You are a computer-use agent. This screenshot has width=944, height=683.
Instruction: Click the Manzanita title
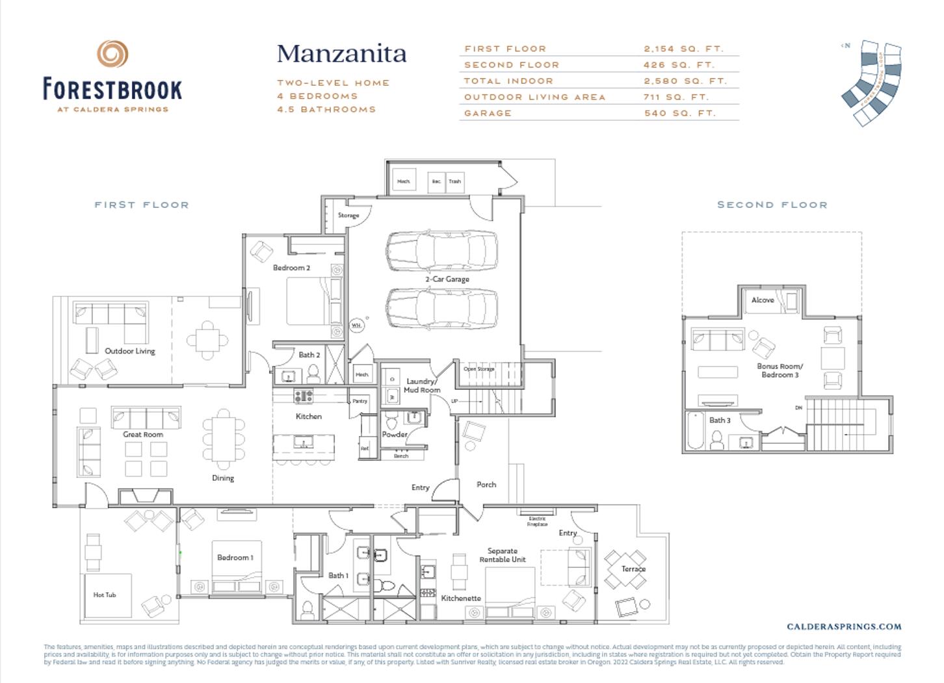pyautogui.click(x=341, y=54)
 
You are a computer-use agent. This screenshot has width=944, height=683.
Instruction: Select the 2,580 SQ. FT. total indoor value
pyautogui.click(x=685, y=81)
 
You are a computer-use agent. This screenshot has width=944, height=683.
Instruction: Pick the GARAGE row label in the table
pyautogui.click(x=488, y=113)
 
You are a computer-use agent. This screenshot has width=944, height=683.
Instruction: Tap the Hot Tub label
pyautogui.click(x=104, y=595)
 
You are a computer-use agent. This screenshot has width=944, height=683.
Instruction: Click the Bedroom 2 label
pyautogui.click(x=291, y=268)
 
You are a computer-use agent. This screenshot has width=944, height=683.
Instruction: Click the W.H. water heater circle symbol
pyautogui.click(x=356, y=325)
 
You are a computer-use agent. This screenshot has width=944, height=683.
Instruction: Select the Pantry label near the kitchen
pyautogui.click(x=360, y=401)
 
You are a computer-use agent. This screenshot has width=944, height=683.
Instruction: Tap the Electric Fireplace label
pyautogui.click(x=537, y=521)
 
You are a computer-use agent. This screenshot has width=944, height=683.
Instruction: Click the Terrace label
pyautogui.click(x=633, y=569)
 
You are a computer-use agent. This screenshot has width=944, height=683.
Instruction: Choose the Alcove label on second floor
pyautogui.click(x=763, y=300)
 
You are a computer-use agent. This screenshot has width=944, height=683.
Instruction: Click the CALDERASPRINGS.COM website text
pyautogui.click(x=844, y=626)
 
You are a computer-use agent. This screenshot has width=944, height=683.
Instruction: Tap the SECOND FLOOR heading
pyautogui.click(x=772, y=205)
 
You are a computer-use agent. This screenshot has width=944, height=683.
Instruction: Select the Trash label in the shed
pyautogui.click(x=454, y=181)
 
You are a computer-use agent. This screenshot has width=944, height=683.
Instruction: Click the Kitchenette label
pyautogui.click(x=461, y=598)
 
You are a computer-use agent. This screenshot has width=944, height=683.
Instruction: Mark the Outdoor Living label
pyautogui.click(x=130, y=351)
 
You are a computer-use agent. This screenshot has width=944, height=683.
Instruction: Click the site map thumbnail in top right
pyautogui.click(x=872, y=83)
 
